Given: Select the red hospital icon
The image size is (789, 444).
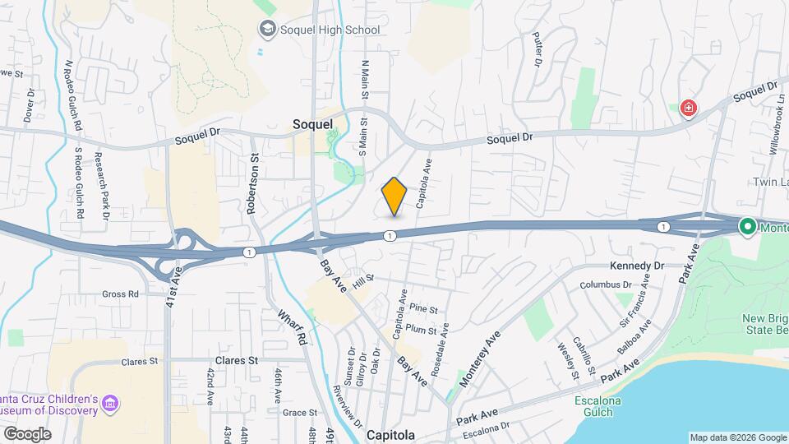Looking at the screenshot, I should pyautogui.click(x=688, y=109).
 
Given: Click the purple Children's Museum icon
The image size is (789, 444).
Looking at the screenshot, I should pyautogui.click(x=110, y=404).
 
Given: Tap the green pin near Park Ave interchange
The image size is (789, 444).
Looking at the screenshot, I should pyautogui.click(x=747, y=227).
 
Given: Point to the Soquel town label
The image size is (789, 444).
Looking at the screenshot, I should pyautogui.click(x=313, y=124).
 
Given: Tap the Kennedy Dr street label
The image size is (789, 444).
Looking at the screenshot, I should pyautogui.click(x=636, y=266).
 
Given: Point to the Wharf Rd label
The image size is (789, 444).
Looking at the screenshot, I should pyautogui.click(x=292, y=326).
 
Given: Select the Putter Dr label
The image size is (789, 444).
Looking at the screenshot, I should pyautogui.click(x=538, y=49).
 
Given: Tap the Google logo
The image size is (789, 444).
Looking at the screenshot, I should pyautogui.click(x=27, y=434).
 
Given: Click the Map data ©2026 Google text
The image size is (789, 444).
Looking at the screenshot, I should pyautogui.click(x=736, y=437).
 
